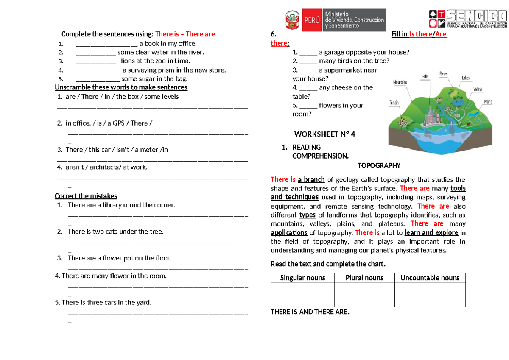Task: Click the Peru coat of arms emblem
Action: [292, 20]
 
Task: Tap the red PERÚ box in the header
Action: [311, 20]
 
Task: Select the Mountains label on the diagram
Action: [400, 82]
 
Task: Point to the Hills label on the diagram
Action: [425, 76]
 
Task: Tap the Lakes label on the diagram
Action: [466, 78]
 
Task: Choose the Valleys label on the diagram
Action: [478, 89]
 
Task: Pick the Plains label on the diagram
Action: [487, 102]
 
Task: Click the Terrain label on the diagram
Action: [394, 103]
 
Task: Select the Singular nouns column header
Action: [302, 278]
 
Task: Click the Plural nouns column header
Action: [364, 278]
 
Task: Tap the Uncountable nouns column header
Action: [430, 278]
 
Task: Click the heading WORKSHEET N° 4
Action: [324, 134]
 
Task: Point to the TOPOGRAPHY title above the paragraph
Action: [379, 165]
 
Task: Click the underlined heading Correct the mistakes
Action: [86, 196]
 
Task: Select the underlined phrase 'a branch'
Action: [311, 179]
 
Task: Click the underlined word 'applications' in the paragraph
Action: [289, 232]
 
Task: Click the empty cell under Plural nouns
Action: [364, 295]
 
